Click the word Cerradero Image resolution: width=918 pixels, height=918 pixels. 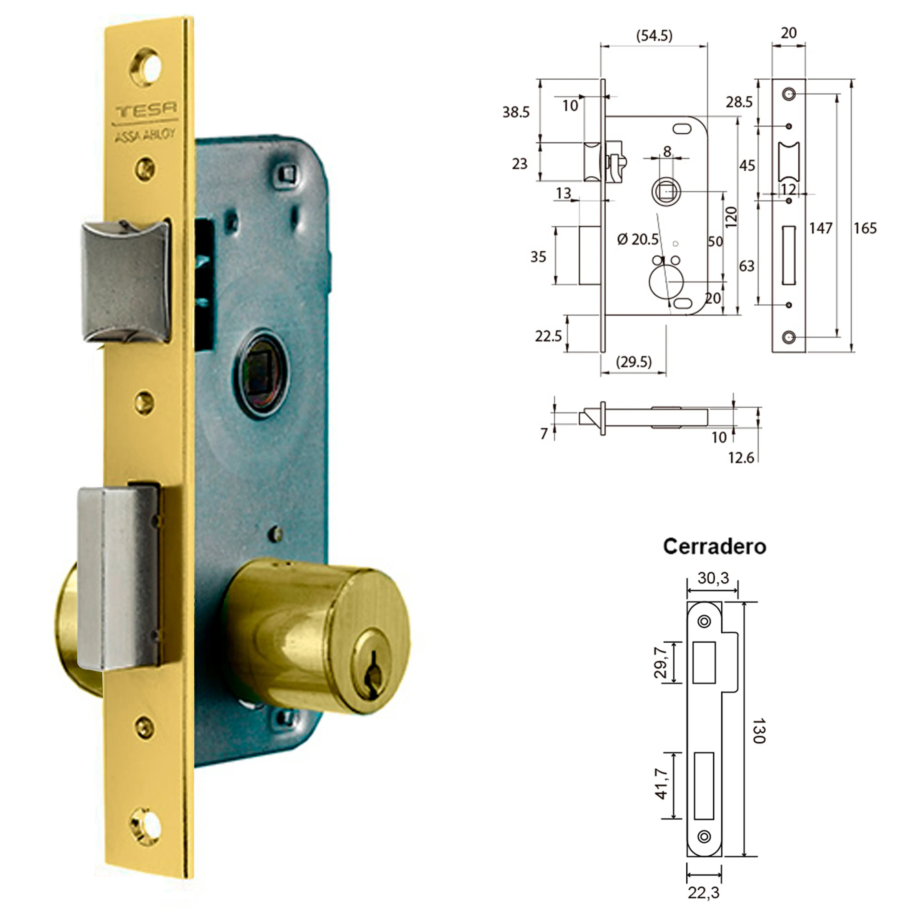click(x=714, y=546)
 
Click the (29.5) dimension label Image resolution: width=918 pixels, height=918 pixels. click(x=633, y=362)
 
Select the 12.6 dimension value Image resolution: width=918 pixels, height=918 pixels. click(x=741, y=458)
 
